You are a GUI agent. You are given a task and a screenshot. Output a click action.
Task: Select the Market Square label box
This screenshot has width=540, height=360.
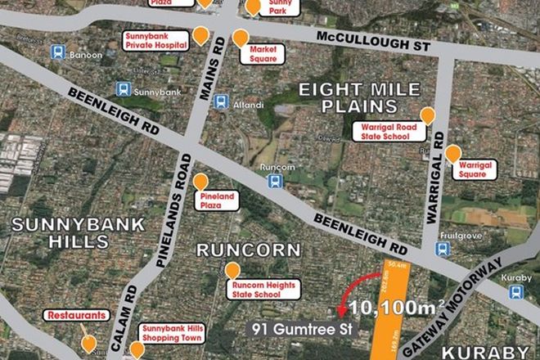[262, 54]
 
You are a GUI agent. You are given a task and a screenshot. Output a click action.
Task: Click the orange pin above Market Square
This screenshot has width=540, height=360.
[241, 38]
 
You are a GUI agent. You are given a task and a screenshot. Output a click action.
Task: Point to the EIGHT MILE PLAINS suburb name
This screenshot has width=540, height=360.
[359, 97]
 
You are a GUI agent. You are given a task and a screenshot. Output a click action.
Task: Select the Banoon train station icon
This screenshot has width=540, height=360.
[58, 52]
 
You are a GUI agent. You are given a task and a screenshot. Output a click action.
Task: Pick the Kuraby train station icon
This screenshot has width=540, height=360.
[515, 291]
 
